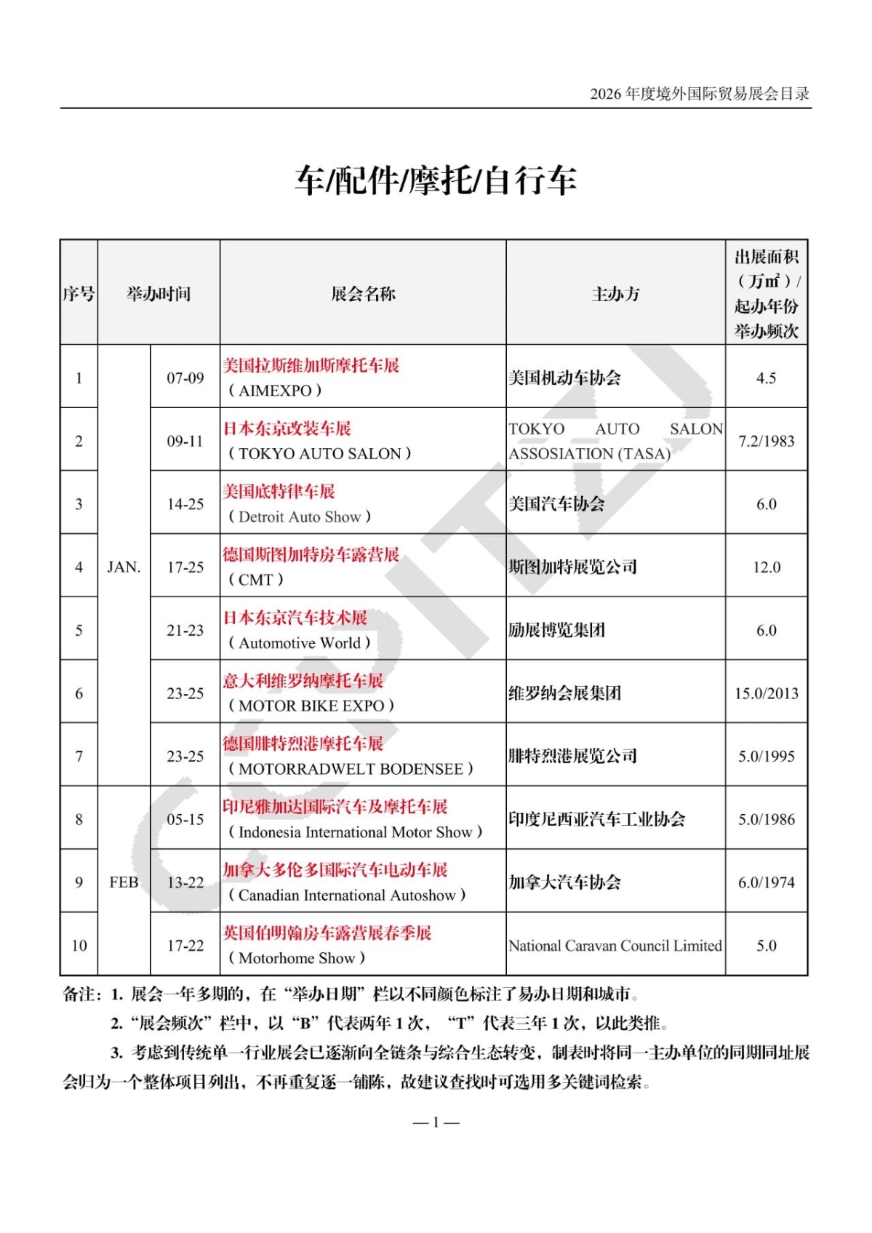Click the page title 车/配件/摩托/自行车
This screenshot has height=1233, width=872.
coord(435,180)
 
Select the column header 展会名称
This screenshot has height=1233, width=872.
coord(363,294)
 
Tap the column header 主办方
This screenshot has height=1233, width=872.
coord(615,294)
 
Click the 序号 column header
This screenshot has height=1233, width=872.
coord(79,294)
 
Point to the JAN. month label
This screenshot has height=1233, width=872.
coord(124,567)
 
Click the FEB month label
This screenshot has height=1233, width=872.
coord(124,882)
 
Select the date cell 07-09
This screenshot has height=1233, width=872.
coord(185,378)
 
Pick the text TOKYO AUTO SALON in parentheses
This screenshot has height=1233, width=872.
coord(320,454)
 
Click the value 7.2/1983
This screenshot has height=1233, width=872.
coord(766,442)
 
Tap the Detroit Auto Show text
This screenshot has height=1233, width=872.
coord(300,517)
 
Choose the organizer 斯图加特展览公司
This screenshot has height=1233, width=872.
coord(572,567)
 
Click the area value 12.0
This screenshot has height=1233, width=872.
coord(766,567)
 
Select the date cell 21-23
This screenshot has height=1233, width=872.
coord(185,631)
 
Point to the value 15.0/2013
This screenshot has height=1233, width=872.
coord(766,693)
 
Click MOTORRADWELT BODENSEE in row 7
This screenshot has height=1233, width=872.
coord(351,769)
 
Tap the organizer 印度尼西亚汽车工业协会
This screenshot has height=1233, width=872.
coord(596,820)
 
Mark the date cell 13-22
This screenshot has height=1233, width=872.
coord(185,882)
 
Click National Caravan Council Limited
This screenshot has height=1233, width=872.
coord(615,946)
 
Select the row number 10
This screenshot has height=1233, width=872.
coord(79,946)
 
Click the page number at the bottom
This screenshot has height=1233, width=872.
coord(436,1122)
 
